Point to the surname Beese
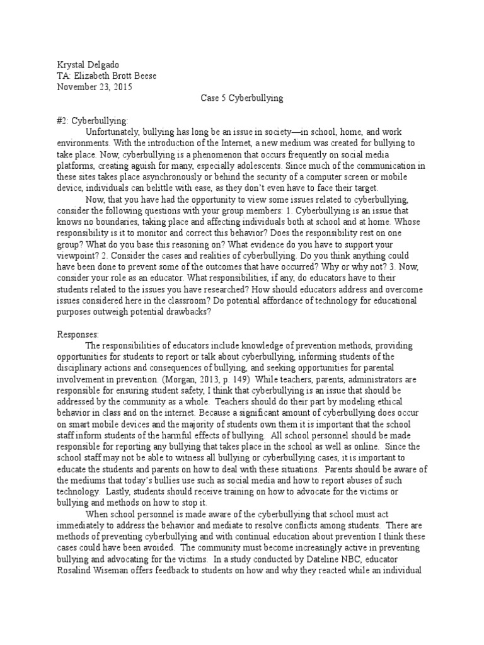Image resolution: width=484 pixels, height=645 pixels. [143, 76]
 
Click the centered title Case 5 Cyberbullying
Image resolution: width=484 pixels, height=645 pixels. [241, 98]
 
